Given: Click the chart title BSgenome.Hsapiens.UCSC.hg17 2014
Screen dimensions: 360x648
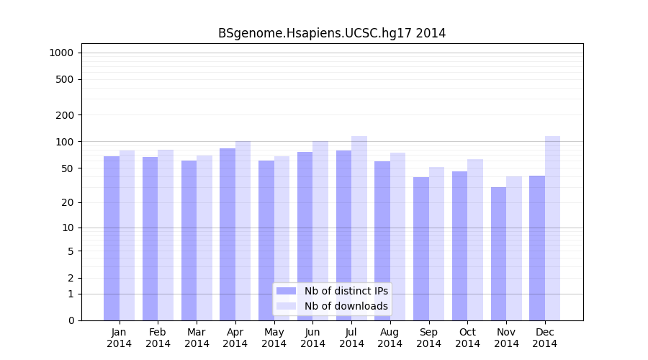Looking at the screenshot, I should [x=332, y=33].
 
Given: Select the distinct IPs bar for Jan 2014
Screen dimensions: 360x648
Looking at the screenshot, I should [x=112, y=238].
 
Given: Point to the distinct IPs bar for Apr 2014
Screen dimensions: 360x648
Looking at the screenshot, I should [x=228, y=234].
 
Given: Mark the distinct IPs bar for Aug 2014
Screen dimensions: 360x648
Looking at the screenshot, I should [x=382, y=240].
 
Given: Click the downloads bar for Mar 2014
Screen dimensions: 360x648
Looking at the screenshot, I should [x=204, y=238].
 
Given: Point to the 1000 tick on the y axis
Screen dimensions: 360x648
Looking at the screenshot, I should [x=61, y=53].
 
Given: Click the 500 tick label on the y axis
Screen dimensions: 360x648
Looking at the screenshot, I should [x=66, y=79].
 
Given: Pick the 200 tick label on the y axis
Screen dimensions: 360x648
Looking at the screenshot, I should [x=66, y=115].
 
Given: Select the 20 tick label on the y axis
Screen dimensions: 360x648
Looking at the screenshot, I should [x=68, y=202].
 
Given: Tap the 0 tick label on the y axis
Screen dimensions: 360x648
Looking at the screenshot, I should [x=71, y=320].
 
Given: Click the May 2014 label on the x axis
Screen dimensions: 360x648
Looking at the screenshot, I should [x=274, y=338].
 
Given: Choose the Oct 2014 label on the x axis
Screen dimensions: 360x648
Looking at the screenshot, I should [x=467, y=338].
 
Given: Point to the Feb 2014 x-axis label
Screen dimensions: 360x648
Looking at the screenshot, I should [x=158, y=338].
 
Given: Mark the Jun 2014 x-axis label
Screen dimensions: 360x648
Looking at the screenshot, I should [x=312, y=338].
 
